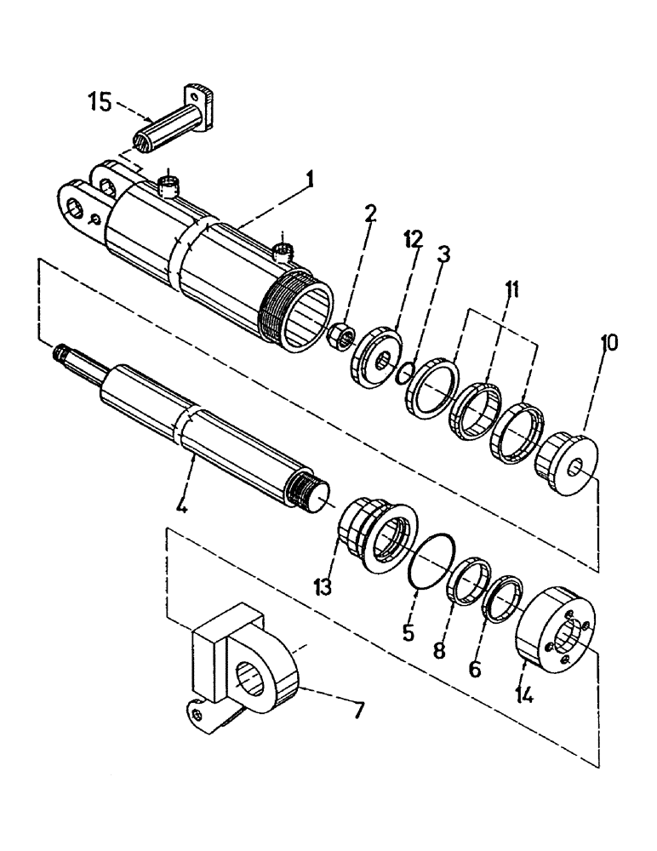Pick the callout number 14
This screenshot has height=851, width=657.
pos(524,694)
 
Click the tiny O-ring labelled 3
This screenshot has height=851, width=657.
pos(407,371)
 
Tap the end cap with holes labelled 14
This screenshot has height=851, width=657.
pos(557,631)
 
